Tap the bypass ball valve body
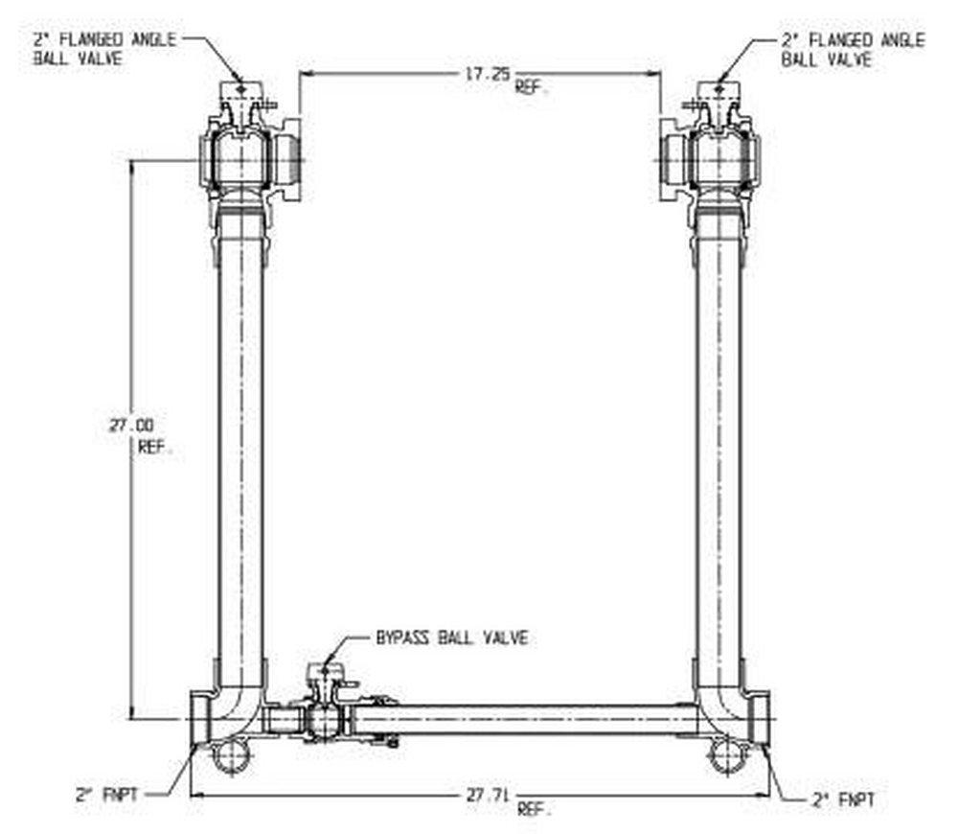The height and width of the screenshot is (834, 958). pyautogui.click(x=324, y=720)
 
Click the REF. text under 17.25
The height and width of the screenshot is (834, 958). pyautogui.click(x=530, y=86)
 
